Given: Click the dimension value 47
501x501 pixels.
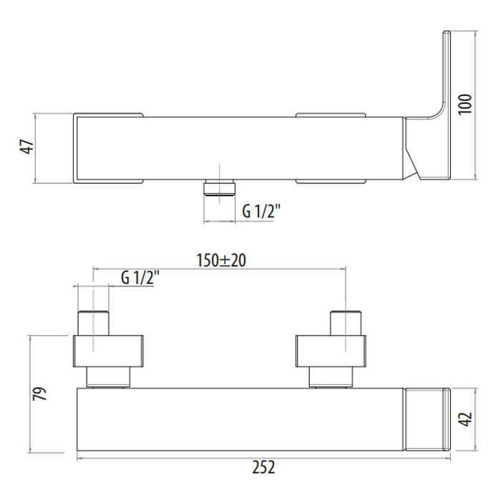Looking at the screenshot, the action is [27, 147].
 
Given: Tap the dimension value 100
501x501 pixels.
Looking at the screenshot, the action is [465, 104].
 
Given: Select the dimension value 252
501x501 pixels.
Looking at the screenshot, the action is [263, 467].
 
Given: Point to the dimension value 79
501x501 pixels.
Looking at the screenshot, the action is [40, 394].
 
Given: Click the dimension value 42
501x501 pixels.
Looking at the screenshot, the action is [465, 419].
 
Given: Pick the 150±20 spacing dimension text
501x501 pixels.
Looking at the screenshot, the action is [221, 260].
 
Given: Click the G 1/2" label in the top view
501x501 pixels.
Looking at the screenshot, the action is [261, 211].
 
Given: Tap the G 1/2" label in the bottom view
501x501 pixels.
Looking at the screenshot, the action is [140, 278].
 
